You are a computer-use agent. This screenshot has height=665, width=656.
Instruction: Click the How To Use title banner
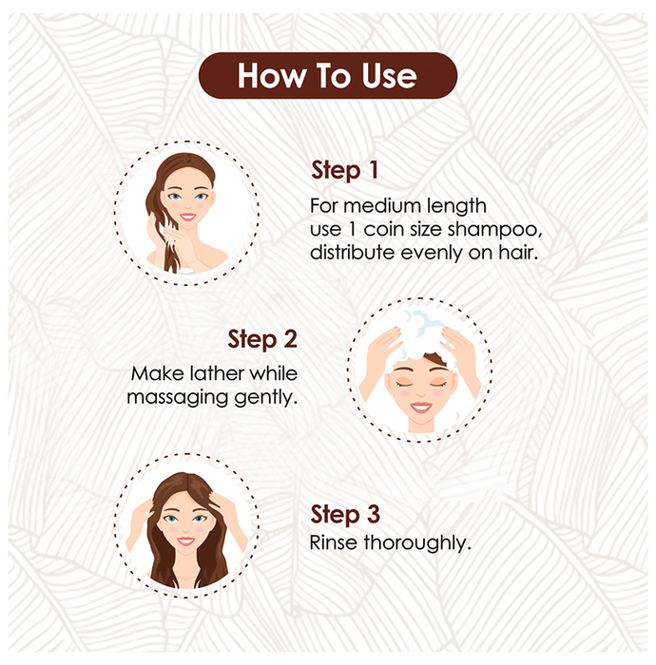(x=328, y=75)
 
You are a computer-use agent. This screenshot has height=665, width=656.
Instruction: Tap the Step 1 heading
(x=344, y=170)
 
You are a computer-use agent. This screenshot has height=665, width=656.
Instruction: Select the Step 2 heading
(x=262, y=339)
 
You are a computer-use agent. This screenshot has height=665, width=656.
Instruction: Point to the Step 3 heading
(x=345, y=514)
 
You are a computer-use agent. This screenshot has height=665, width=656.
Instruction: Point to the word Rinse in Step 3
(x=333, y=542)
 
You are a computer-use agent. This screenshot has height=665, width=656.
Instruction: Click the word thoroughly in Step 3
(x=417, y=543)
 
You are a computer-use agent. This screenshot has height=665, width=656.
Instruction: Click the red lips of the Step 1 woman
(x=187, y=218)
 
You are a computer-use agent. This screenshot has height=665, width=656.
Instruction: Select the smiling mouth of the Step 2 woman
(x=420, y=408)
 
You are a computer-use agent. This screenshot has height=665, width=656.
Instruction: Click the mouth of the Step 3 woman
(x=185, y=541)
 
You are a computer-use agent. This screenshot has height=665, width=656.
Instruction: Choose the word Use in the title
(x=389, y=76)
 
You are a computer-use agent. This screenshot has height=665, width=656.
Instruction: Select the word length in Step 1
(x=456, y=206)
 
